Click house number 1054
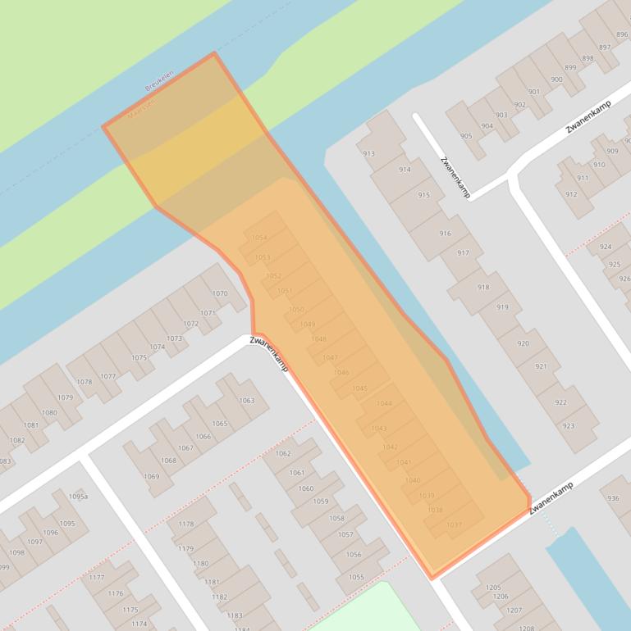[x=259, y=238]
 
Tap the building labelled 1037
[x=454, y=525]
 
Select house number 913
[x=368, y=153]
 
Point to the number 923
[x=569, y=426]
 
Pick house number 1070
[x=220, y=293]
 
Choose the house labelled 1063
[x=246, y=401]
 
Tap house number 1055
[x=356, y=577]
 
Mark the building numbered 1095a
[x=78, y=497]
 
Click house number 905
[x=466, y=136]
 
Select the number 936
[x=613, y=498]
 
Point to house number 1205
[x=493, y=587]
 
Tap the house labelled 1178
[x=186, y=524]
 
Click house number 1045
[x=359, y=388]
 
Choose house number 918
[x=483, y=287]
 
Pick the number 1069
[x=151, y=476]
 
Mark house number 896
[x=622, y=34]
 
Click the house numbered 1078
[x=85, y=382]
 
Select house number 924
[x=605, y=247]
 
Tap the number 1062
[x=283, y=453]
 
